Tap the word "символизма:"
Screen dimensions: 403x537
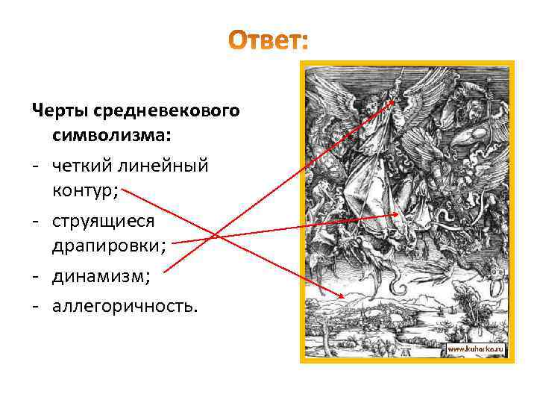coord(111,137)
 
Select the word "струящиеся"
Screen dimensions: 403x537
coord(103,221)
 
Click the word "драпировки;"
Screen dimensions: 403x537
coord(109,247)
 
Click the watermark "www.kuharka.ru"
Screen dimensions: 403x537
coord(476,349)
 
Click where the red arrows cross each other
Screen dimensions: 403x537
coord(214,237)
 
